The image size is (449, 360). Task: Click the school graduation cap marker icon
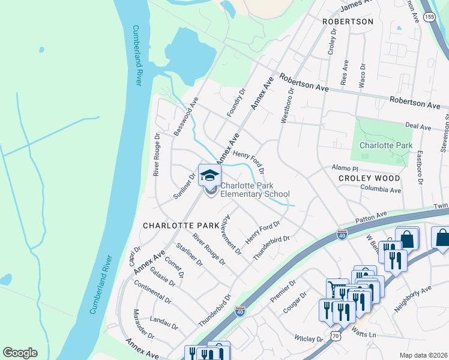click(x=209, y=175)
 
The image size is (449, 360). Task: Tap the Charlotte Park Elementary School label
click(x=255, y=190)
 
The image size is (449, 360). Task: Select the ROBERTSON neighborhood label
click(x=348, y=22)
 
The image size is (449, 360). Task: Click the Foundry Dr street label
click(x=237, y=103)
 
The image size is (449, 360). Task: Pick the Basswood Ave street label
click(x=185, y=116)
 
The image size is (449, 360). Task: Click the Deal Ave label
click(x=418, y=127)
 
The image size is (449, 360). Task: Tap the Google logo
click(x=20, y=353)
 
